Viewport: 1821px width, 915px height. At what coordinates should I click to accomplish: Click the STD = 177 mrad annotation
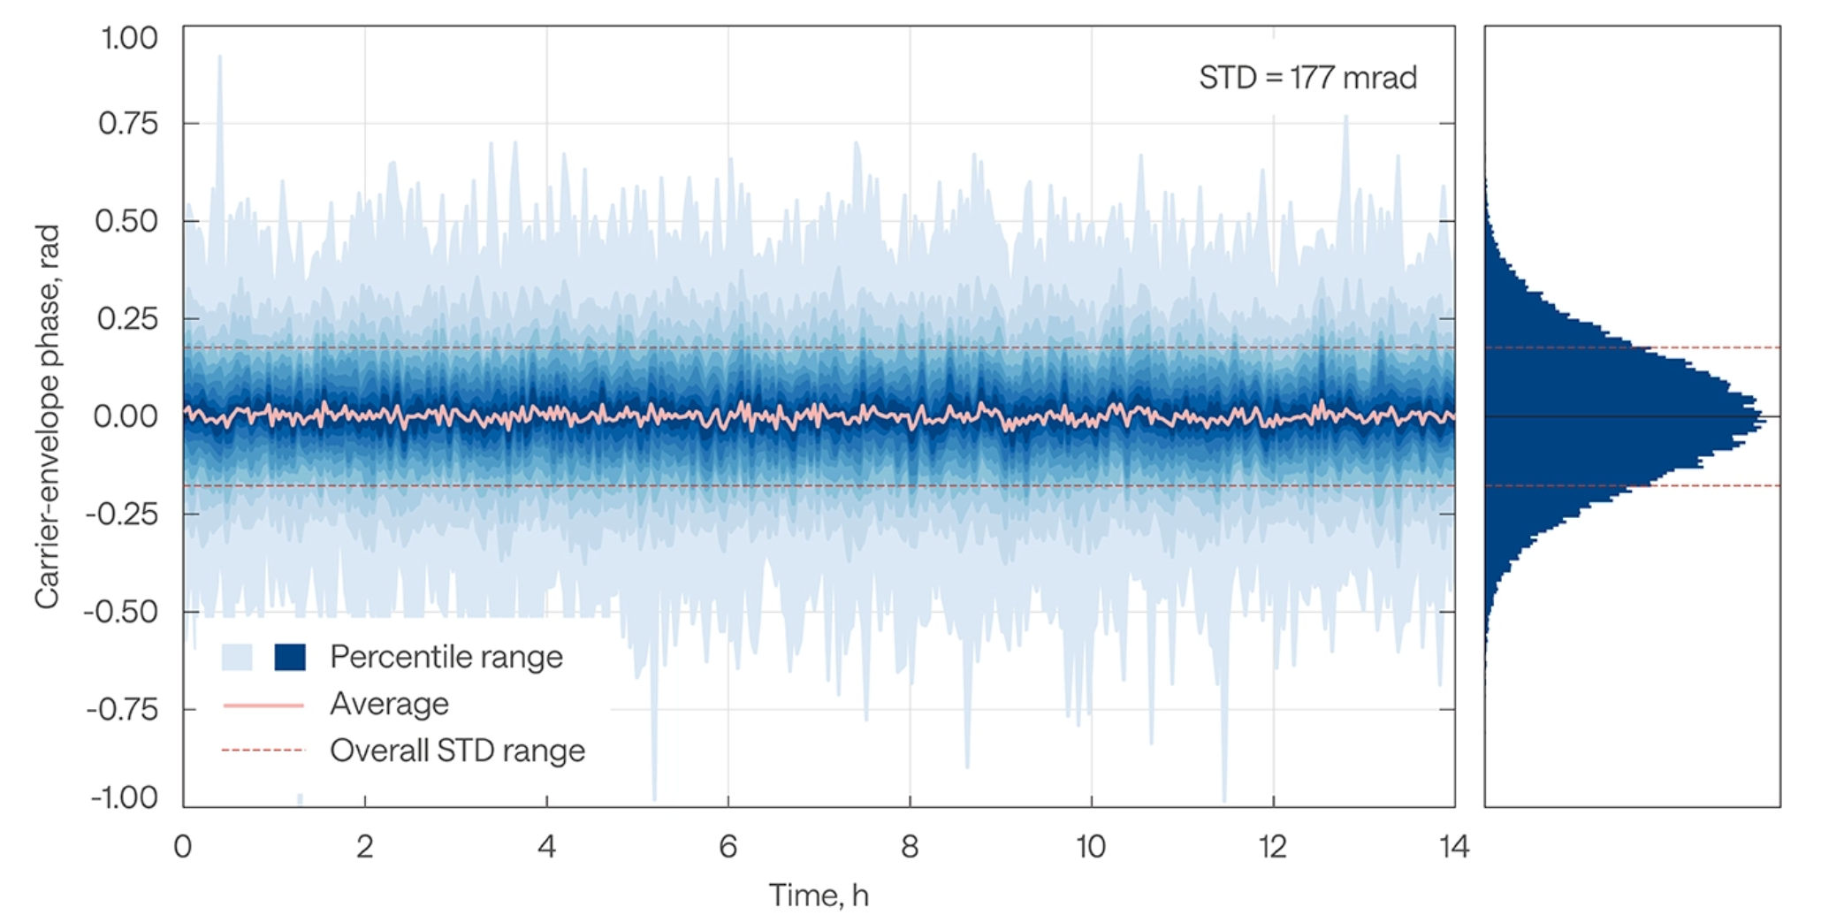pyautogui.click(x=1307, y=78)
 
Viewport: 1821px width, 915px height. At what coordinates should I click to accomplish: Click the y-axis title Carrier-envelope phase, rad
pyautogui.click(x=48, y=416)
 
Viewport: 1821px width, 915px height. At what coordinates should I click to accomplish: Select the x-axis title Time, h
pyautogui.click(x=819, y=895)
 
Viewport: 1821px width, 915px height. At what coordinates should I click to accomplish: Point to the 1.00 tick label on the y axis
pyautogui.click(x=129, y=38)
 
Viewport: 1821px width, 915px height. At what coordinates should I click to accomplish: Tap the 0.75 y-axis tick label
pyautogui.click(x=128, y=123)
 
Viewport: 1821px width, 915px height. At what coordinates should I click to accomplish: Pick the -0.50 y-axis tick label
pyautogui.click(x=121, y=612)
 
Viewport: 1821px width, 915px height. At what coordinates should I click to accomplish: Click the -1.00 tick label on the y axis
pyautogui.click(x=125, y=797)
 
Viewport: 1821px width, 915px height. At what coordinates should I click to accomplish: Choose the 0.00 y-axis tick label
pyautogui.click(x=126, y=416)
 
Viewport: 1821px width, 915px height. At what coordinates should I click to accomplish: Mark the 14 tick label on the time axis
pyautogui.click(x=1454, y=847)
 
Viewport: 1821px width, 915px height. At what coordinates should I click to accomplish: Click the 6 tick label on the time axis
pyautogui.click(x=728, y=847)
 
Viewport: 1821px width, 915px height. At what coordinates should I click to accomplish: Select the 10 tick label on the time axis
pyautogui.click(x=1091, y=847)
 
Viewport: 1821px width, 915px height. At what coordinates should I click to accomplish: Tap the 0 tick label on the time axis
pyautogui.click(x=183, y=847)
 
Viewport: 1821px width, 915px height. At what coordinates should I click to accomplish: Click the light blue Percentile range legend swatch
pyautogui.click(x=237, y=657)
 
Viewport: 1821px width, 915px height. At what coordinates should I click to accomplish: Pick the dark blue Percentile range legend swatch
pyautogui.click(x=290, y=657)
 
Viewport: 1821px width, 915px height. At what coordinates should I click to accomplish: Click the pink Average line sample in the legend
pyautogui.click(x=263, y=705)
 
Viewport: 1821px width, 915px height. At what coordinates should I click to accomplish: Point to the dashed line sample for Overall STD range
pyautogui.click(x=263, y=751)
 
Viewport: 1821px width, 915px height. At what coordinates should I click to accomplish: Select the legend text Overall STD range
pyautogui.click(x=457, y=751)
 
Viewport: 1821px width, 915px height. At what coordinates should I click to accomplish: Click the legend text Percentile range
pyautogui.click(x=446, y=657)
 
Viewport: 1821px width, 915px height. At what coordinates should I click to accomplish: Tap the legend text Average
pyautogui.click(x=389, y=704)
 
